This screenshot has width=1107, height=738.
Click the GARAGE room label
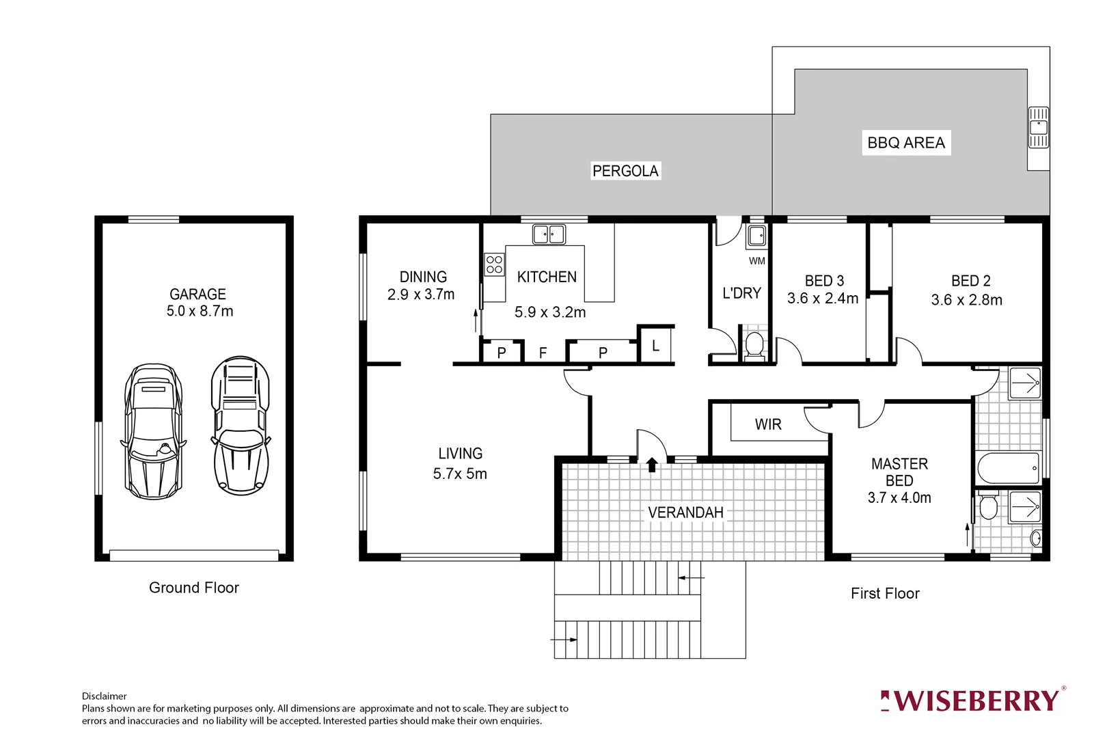(x=197, y=294)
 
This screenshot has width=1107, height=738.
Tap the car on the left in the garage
(x=153, y=432)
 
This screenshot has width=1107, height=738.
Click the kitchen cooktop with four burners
(x=494, y=264)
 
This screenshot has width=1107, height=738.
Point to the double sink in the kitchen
(x=549, y=234)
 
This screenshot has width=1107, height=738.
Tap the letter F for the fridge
(x=543, y=353)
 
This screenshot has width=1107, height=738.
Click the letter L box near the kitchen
(x=655, y=346)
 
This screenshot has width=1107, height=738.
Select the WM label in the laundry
(x=756, y=260)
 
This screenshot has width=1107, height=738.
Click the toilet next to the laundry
(x=754, y=344)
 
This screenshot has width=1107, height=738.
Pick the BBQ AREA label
(x=906, y=143)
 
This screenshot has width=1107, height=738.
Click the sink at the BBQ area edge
(x=1038, y=127)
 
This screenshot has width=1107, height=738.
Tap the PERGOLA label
(x=625, y=171)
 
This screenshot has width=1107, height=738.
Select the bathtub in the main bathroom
(x=1008, y=469)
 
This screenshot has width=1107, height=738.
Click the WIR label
(x=768, y=424)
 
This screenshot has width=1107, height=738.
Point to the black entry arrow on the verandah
(x=652, y=465)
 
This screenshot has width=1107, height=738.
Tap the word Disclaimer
(x=104, y=696)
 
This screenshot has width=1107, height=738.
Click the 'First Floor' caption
(x=885, y=593)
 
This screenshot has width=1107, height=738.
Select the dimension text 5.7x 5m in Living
(x=460, y=474)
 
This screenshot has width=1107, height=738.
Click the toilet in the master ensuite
(x=988, y=508)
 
